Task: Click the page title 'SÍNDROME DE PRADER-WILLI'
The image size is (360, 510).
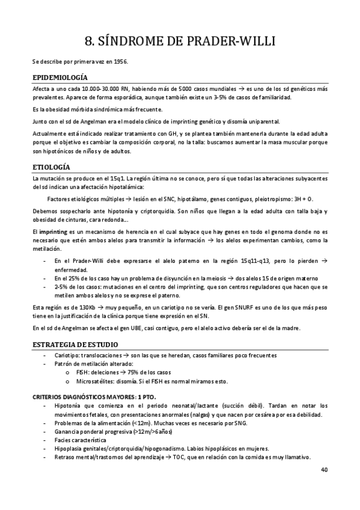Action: (180, 41)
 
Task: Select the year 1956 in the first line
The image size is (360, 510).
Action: (121, 61)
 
